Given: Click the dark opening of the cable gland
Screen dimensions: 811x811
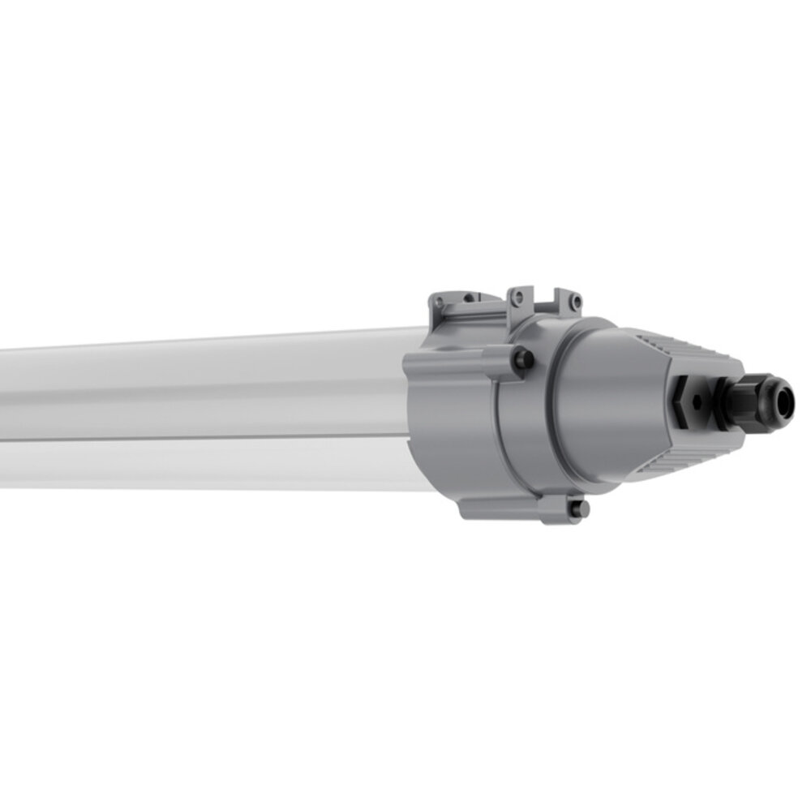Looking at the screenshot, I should coord(784,403).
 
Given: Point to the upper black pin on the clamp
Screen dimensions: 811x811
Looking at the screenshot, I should coord(524,358).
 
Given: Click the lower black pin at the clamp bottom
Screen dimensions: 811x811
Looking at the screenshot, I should coord(580,508).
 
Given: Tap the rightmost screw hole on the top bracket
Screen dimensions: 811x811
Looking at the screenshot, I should coord(577,302).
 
